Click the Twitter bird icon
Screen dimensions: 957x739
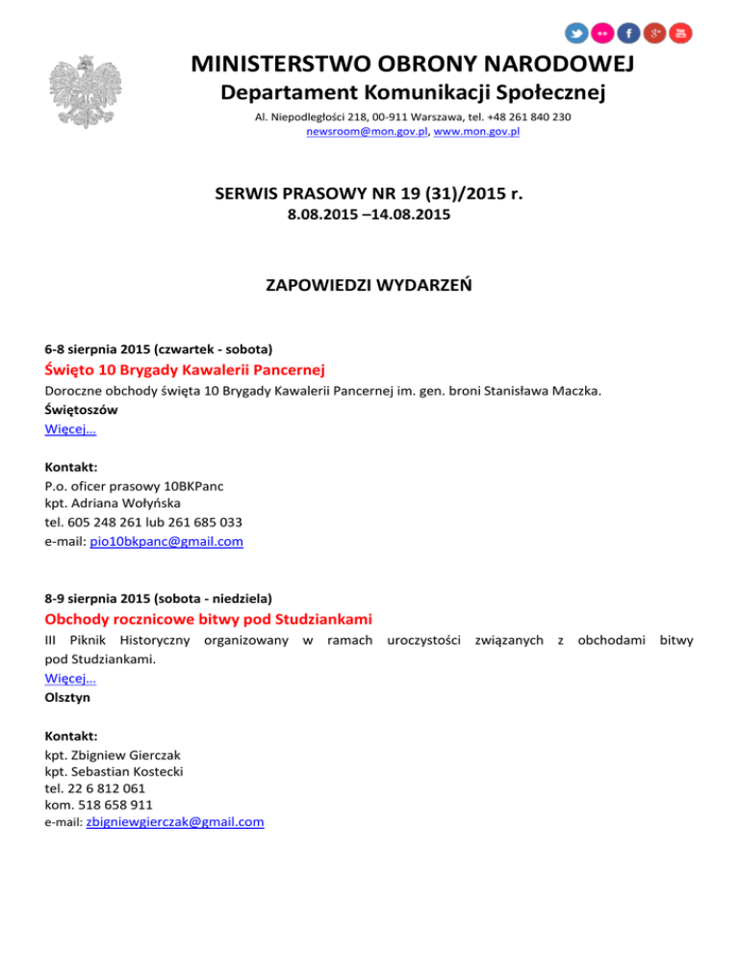pos(577,33)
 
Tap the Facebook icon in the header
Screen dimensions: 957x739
pos(629,33)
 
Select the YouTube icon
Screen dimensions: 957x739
pos(681,33)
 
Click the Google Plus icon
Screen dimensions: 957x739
pos(655,33)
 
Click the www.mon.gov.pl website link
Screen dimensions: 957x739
pos(477,131)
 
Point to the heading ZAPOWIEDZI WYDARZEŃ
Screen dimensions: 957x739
pos(369,286)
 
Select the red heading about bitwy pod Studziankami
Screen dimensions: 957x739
pos(208,617)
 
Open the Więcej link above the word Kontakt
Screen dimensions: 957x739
pos(70,429)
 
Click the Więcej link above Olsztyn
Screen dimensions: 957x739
pos(70,678)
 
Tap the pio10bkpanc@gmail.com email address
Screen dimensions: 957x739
pos(166,542)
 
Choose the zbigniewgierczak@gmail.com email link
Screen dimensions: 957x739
pos(175,822)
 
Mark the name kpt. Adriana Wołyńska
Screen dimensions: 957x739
pos(112,503)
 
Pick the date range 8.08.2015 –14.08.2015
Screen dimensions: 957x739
pos(369,217)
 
